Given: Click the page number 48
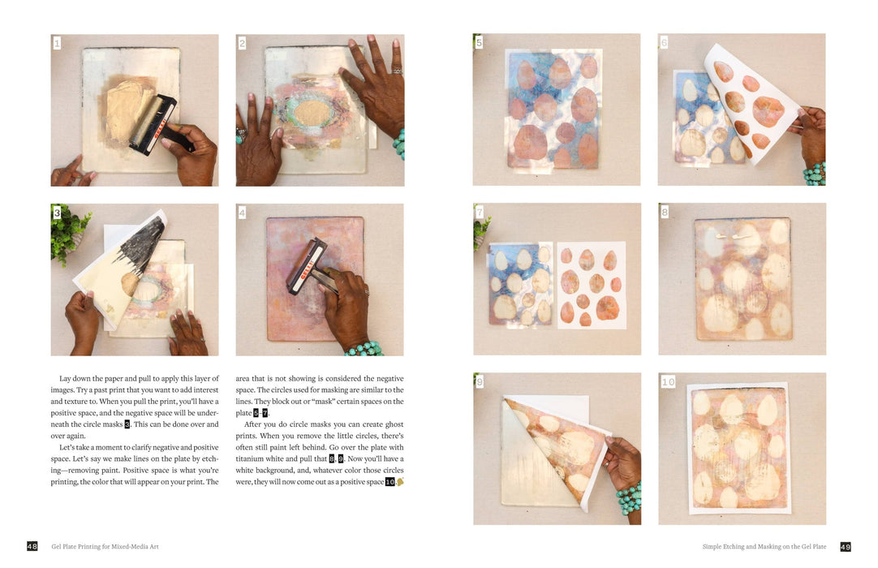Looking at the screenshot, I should [32, 547].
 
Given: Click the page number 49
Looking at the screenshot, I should [845, 547].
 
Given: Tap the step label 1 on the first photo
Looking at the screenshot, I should [57, 43].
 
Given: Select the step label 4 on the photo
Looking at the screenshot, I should [242, 213].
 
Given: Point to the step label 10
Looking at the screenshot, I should [668, 381].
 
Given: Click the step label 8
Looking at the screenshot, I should [665, 213].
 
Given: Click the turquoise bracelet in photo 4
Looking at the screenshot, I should [364, 349].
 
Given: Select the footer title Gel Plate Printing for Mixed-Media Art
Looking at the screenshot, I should [105, 547].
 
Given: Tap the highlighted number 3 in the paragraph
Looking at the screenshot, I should [127, 424].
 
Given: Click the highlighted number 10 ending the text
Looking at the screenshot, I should [390, 482].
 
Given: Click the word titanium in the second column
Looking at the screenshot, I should [254, 459].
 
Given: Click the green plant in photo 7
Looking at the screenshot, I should [480, 231].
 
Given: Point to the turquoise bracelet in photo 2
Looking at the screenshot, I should [398, 145].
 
